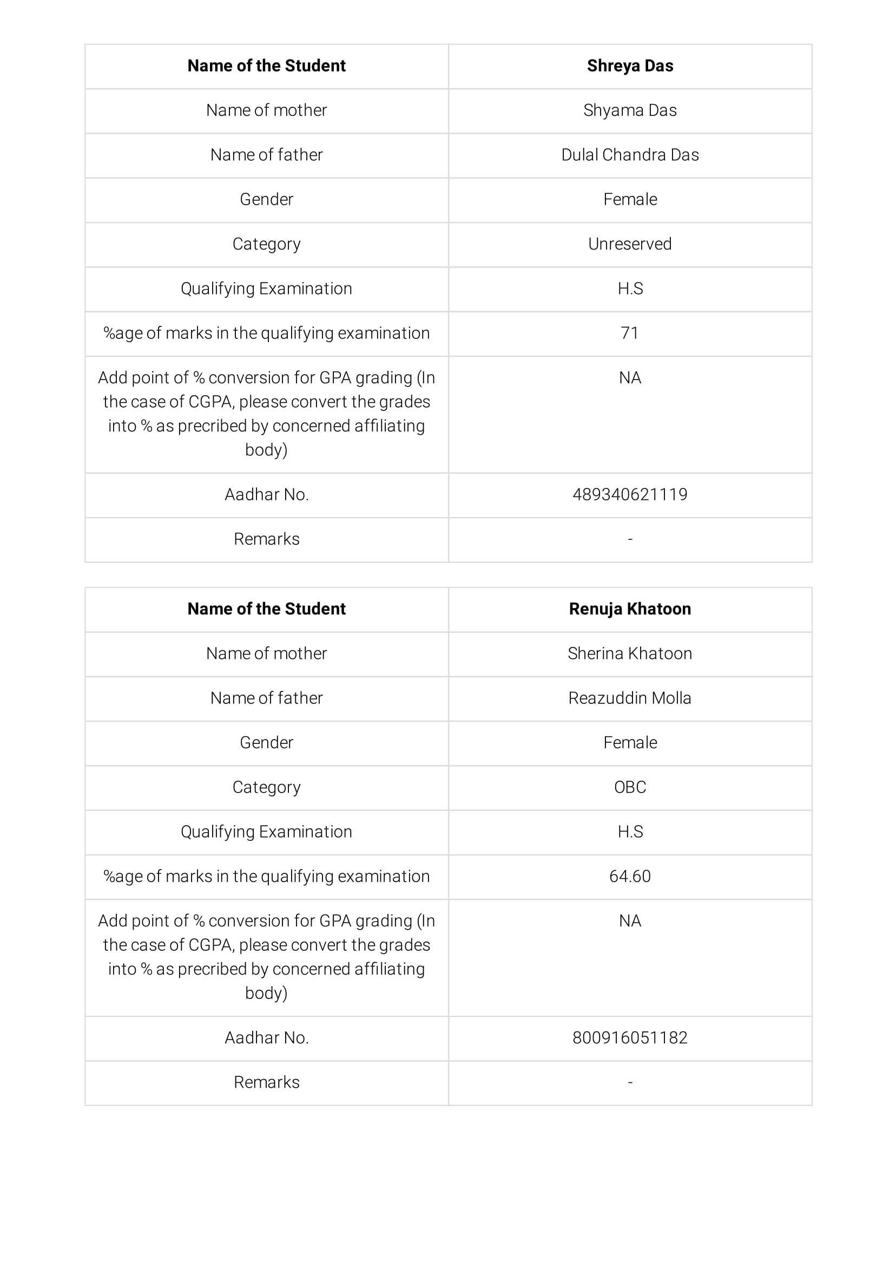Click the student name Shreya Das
point(629,66)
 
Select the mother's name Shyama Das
point(629,110)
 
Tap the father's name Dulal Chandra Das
point(629,155)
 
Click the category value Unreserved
point(629,244)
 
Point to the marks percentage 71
point(629,333)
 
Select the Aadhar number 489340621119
point(629,494)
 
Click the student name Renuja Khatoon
point(629,609)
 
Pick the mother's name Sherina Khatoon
point(629,653)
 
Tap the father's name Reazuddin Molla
point(629,698)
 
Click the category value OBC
point(629,787)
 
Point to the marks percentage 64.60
point(629,876)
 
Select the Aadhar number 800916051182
point(629,1038)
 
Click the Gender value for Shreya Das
point(629,199)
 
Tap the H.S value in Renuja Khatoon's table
point(629,832)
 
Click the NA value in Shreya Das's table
point(629,378)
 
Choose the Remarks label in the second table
point(266,1082)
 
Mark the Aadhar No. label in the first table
point(266,494)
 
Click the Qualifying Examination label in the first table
point(266,288)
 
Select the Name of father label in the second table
point(266,698)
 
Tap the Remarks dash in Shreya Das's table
point(629,539)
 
